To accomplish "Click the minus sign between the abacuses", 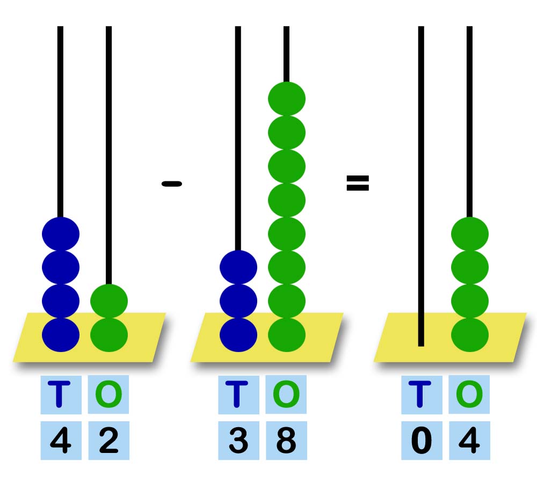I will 172,184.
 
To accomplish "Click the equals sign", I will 358,184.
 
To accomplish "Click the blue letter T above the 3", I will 238,394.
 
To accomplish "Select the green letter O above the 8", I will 286,394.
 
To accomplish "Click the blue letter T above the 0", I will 422,394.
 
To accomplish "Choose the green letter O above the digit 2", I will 108,394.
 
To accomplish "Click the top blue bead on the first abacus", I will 61,234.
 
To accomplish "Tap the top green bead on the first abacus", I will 109,301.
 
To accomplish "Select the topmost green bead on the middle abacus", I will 287,99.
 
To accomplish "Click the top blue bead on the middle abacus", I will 238,267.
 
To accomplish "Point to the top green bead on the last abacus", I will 470,234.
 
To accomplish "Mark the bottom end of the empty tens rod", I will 421,343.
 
